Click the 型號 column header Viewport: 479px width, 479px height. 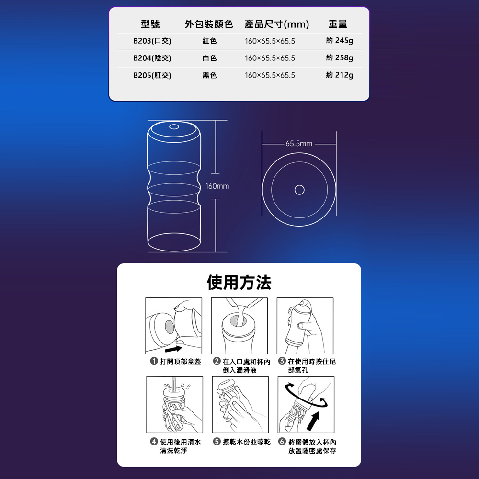click(x=150, y=24)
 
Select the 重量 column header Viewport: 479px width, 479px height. click(x=338, y=24)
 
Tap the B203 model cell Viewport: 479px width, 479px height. click(x=152, y=41)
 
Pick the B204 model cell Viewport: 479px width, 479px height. click(x=152, y=58)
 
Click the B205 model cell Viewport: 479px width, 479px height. click(x=152, y=75)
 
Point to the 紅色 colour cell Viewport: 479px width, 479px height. click(x=210, y=41)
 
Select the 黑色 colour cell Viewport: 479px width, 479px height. click(x=210, y=75)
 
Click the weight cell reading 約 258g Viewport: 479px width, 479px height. click(x=340, y=58)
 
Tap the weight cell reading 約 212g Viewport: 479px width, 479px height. click(x=340, y=75)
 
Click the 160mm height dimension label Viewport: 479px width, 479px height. click(x=217, y=186)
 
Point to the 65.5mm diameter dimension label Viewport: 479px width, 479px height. click(x=299, y=144)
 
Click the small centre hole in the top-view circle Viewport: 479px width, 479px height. click(x=299, y=190)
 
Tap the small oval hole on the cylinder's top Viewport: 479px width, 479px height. click(x=174, y=127)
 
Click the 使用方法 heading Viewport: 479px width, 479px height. click(x=239, y=282)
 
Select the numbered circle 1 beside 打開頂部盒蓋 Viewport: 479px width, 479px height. click(x=154, y=361)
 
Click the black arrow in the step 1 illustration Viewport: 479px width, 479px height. click(x=173, y=349)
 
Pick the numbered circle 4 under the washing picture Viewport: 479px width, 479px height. click(x=154, y=442)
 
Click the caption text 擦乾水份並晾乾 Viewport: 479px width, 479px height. click(x=247, y=442)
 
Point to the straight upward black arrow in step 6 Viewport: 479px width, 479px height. click(x=314, y=421)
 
